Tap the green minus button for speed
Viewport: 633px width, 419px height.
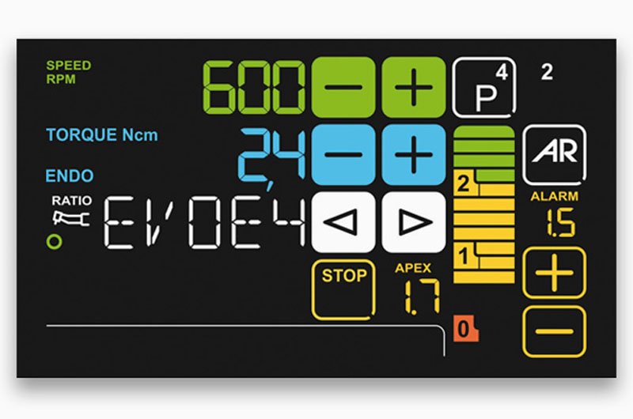pyautogui.click(x=342, y=88)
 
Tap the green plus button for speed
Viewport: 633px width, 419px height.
pyautogui.click(x=414, y=88)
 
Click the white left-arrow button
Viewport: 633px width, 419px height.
pyautogui.click(x=342, y=223)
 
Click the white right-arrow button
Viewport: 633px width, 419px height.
pyautogui.click(x=414, y=223)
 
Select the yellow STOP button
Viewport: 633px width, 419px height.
pyautogui.click(x=343, y=289)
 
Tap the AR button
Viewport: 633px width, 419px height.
pyautogui.click(x=554, y=152)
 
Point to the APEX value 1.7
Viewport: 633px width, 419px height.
pyautogui.click(x=420, y=296)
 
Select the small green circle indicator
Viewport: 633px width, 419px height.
pyautogui.click(x=54, y=242)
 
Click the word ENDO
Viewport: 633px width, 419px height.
pyautogui.click(x=70, y=176)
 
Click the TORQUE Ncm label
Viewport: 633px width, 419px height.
pyautogui.click(x=101, y=134)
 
